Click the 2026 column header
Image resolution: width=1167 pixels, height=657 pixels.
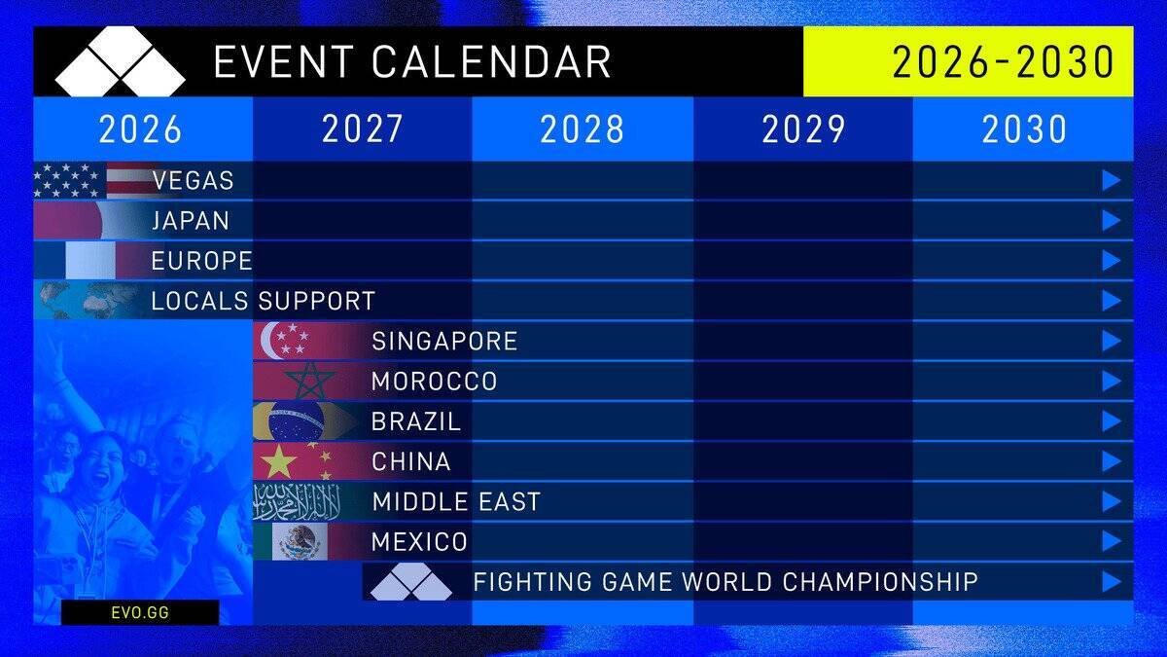click(x=140, y=129)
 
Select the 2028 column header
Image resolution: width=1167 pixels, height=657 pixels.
click(x=582, y=129)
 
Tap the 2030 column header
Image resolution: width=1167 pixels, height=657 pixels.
click(x=1023, y=129)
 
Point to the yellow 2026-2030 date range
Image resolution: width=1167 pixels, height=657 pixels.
click(x=1003, y=62)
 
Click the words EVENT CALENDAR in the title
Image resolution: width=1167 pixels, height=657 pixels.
click(x=412, y=62)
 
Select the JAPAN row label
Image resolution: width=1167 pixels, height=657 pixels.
click(x=191, y=221)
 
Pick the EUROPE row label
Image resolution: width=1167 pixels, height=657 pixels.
click(x=201, y=261)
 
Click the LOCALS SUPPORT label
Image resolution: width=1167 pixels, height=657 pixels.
click(x=263, y=301)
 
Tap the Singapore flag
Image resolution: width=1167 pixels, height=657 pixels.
click(x=292, y=341)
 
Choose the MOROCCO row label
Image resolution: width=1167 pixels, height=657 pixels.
click(x=434, y=382)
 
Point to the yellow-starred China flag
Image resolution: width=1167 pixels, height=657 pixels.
click(x=292, y=461)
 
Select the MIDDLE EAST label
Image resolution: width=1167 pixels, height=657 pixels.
click(x=456, y=502)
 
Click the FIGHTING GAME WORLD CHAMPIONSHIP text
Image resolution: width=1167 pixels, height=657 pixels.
click(x=725, y=582)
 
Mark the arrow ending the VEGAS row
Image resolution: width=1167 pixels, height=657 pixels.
click(x=1112, y=181)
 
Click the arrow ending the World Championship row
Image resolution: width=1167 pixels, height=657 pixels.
click(x=1112, y=582)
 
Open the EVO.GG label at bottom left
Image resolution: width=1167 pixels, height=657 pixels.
click(x=140, y=613)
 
